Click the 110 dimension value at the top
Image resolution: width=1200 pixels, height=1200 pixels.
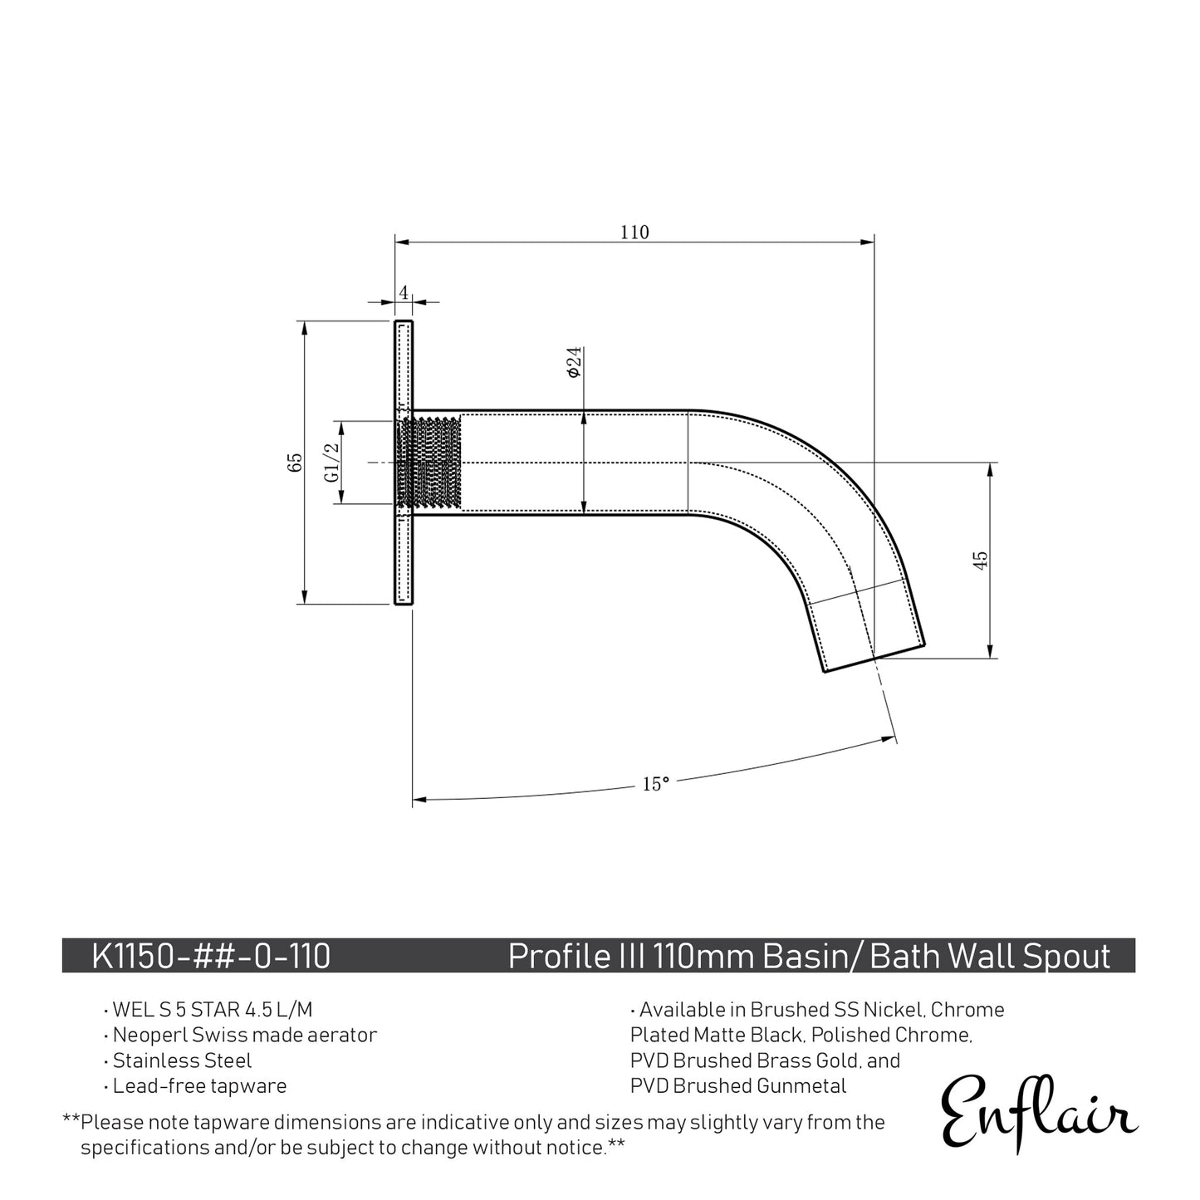[x=634, y=233]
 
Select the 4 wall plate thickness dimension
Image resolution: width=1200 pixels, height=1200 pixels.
[x=404, y=292]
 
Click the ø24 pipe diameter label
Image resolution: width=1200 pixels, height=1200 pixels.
[x=574, y=363]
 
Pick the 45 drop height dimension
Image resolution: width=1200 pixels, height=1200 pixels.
[x=981, y=560]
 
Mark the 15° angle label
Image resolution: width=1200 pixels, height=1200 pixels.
[x=655, y=784]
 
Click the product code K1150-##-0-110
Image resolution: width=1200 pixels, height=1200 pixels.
[x=211, y=956]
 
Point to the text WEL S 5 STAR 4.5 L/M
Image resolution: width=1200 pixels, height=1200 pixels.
[x=213, y=1010]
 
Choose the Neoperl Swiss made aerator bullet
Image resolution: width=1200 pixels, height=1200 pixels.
[x=244, y=1035]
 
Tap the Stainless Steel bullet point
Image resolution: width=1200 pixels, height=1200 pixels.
[x=182, y=1060]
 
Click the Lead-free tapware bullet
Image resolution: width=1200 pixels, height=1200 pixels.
[x=199, y=1085]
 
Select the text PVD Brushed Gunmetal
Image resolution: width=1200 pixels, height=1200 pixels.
[x=738, y=1085]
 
